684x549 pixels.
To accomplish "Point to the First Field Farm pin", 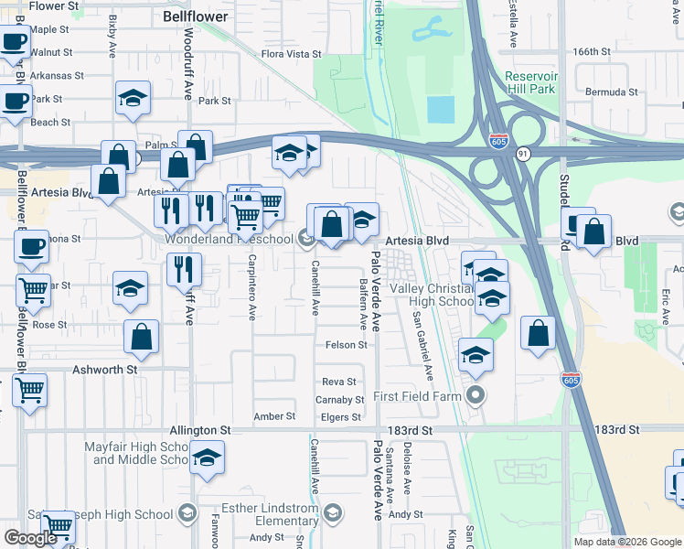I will [x=475, y=396].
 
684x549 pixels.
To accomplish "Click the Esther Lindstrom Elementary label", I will [x=273, y=514].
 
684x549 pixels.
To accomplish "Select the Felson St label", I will [x=346, y=345].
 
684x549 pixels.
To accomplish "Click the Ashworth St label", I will [x=104, y=370].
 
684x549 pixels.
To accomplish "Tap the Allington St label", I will [x=199, y=430].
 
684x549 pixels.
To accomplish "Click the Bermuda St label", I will [x=611, y=92].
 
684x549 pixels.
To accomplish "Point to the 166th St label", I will [x=592, y=51].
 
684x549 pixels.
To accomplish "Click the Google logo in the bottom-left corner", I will [x=30, y=537].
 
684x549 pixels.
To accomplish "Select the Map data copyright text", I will [x=626, y=542].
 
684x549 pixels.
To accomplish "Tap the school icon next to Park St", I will [x=133, y=99].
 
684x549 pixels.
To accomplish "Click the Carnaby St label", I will [x=339, y=400].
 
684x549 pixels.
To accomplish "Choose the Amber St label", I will [x=274, y=416].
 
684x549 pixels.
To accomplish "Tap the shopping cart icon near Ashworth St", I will [x=29, y=390].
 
